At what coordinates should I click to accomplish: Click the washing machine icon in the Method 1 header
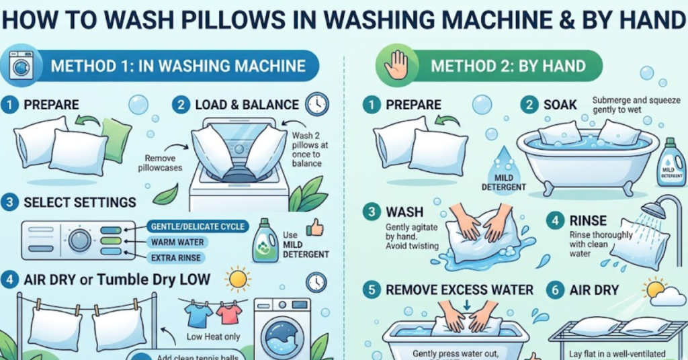coord(23,66)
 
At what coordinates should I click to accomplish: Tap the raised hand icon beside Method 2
coord(396,66)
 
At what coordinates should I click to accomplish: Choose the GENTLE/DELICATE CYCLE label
coord(198,226)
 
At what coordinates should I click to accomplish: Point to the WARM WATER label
coord(177,242)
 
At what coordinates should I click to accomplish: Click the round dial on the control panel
coord(79,240)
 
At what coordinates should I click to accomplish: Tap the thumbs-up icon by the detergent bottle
coord(314,228)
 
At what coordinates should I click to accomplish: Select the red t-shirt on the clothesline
coord(228,312)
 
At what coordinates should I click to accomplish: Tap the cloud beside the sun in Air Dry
coord(669,296)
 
